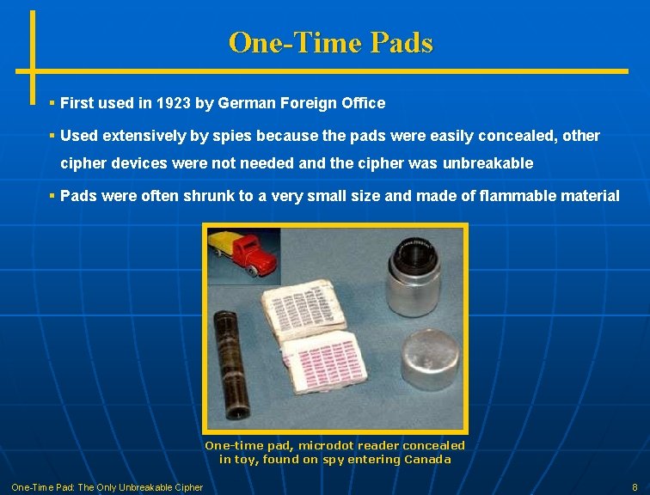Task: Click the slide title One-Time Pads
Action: (x=331, y=42)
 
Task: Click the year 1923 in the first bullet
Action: (x=173, y=103)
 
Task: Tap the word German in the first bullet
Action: (x=248, y=103)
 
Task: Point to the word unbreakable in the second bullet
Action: (x=487, y=163)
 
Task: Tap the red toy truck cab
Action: (x=261, y=254)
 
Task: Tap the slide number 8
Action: (x=634, y=487)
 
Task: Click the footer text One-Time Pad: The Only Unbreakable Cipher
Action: (x=107, y=487)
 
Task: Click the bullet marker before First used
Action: (x=52, y=103)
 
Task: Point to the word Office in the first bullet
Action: (x=364, y=103)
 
